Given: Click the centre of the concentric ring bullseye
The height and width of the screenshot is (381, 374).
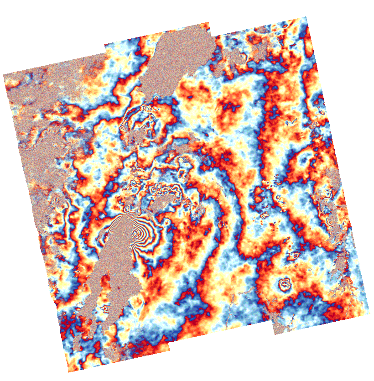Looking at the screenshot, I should click(x=135, y=234).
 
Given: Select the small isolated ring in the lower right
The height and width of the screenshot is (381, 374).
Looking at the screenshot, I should click(x=285, y=285).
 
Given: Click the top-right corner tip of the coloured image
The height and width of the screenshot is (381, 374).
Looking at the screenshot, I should click(x=306, y=17).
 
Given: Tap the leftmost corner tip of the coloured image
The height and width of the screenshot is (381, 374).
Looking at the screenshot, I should click(x=4, y=74).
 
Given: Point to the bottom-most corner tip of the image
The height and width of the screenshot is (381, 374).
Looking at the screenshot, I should click(x=69, y=372).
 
